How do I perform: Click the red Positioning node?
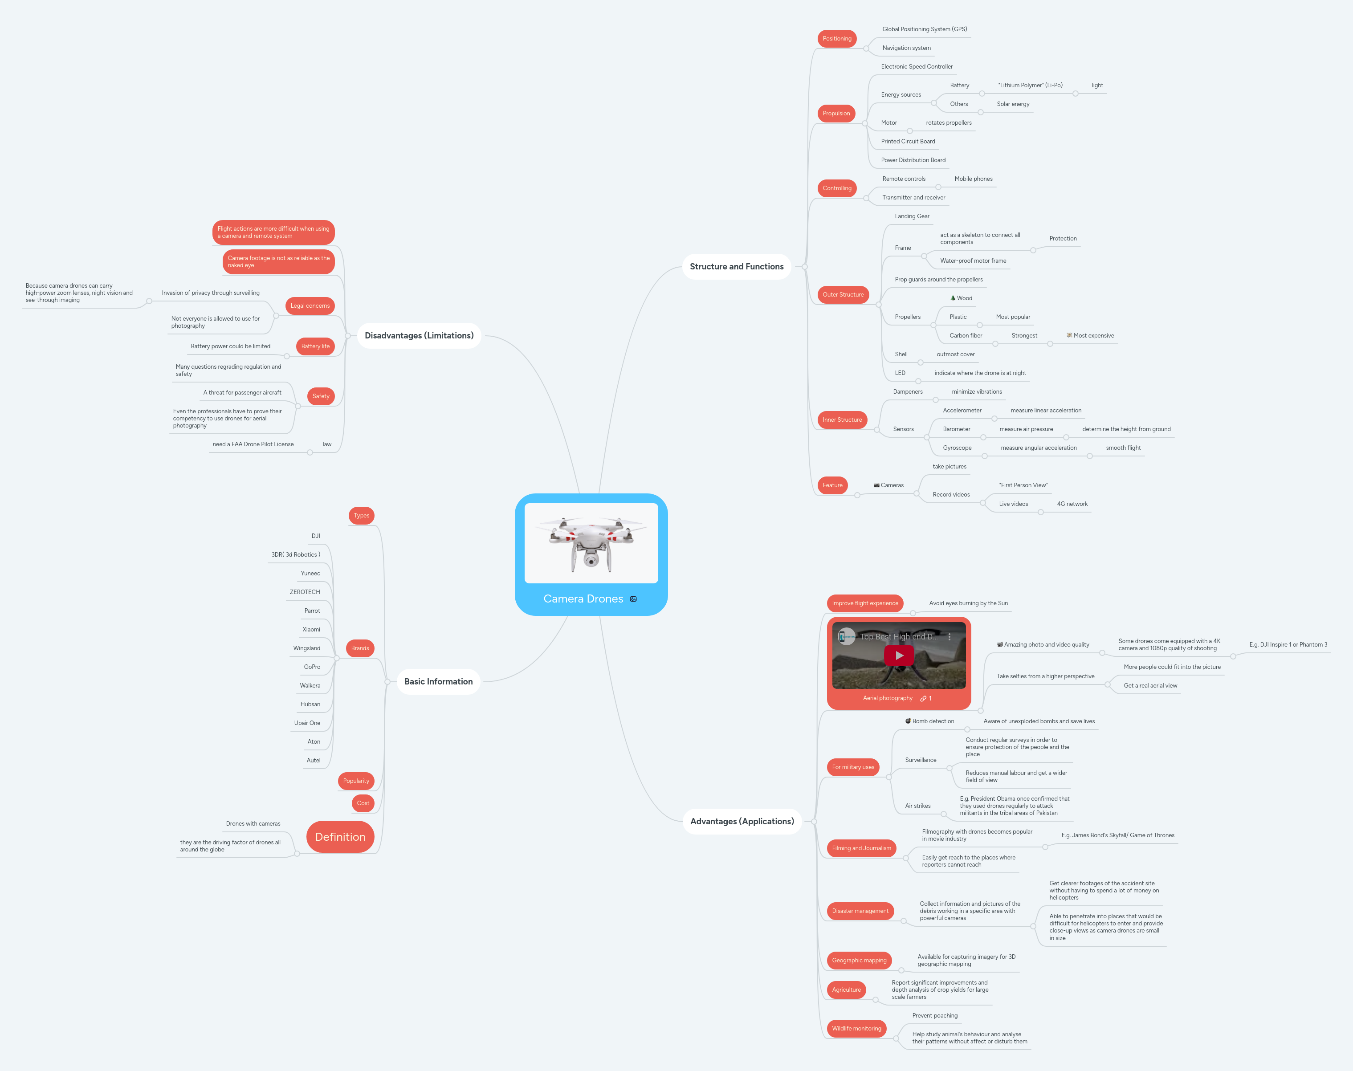tap(836, 39)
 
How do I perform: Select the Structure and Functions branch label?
tap(736, 266)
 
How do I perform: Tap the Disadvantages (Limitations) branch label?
tap(419, 335)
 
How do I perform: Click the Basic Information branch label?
tap(438, 682)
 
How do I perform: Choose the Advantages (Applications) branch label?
tap(742, 822)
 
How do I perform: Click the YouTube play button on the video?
tap(899, 655)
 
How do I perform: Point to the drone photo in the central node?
tap(591, 543)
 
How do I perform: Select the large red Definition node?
tap(340, 837)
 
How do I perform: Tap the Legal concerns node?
tap(310, 306)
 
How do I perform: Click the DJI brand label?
tap(315, 536)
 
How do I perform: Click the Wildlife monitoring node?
tap(856, 1028)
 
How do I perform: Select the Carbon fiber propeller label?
tap(966, 335)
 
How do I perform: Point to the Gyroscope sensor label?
tap(957, 448)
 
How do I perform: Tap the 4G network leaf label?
tap(1072, 504)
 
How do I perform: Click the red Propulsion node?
tap(836, 114)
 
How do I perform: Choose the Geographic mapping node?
tap(859, 961)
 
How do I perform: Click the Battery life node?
tap(315, 346)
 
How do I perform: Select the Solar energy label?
tap(1013, 104)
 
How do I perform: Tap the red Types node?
tap(361, 515)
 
